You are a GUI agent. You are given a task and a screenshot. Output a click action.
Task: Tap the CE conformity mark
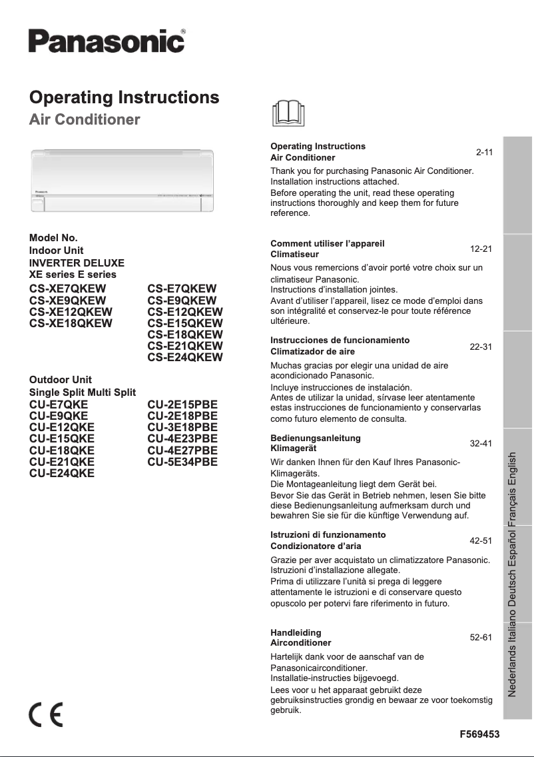(x=46, y=715)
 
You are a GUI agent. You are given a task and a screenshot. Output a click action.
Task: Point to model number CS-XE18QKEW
(x=71, y=323)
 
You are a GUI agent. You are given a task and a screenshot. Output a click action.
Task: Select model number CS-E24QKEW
(x=185, y=357)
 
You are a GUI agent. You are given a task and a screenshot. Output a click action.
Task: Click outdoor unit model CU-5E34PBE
(x=182, y=461)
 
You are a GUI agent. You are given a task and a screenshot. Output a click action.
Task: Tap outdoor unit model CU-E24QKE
(x=62, y=473)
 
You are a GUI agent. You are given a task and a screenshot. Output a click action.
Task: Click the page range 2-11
(x=484, y=153)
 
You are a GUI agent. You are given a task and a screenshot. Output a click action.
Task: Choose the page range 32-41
(x=481, y=443)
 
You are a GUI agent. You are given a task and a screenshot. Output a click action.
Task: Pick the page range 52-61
(x=481, y=638)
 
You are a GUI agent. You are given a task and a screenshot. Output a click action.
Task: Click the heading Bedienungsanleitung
(x=316, y=438)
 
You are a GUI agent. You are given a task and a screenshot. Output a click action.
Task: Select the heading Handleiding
(x=296, y=632)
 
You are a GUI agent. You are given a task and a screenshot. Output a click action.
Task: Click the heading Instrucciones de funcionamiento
(x=340, y=340)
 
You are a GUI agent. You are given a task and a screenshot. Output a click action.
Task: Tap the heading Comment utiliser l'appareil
(x=328, y=243)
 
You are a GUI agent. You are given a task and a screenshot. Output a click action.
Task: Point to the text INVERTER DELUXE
(x=77, y=263)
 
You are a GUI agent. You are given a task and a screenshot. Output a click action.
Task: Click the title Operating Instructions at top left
(x=125, y=97)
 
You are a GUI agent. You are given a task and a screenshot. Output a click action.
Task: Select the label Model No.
(x=53, y=238)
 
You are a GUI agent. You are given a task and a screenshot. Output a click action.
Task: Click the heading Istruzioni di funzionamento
(x=328, y=535)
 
